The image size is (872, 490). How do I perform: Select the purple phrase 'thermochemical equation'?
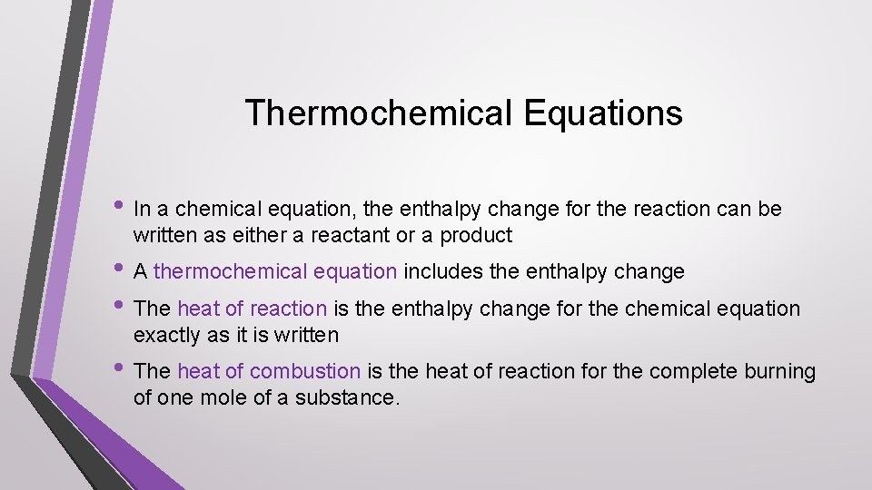click(275, 271)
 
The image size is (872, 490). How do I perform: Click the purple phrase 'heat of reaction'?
click(252, 309)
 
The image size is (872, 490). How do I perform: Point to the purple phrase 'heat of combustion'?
click(269, 371)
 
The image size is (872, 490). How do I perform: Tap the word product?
click(478, 236)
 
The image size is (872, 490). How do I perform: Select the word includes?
click(441, 271)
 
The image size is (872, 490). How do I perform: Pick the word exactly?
click(166, 335)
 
